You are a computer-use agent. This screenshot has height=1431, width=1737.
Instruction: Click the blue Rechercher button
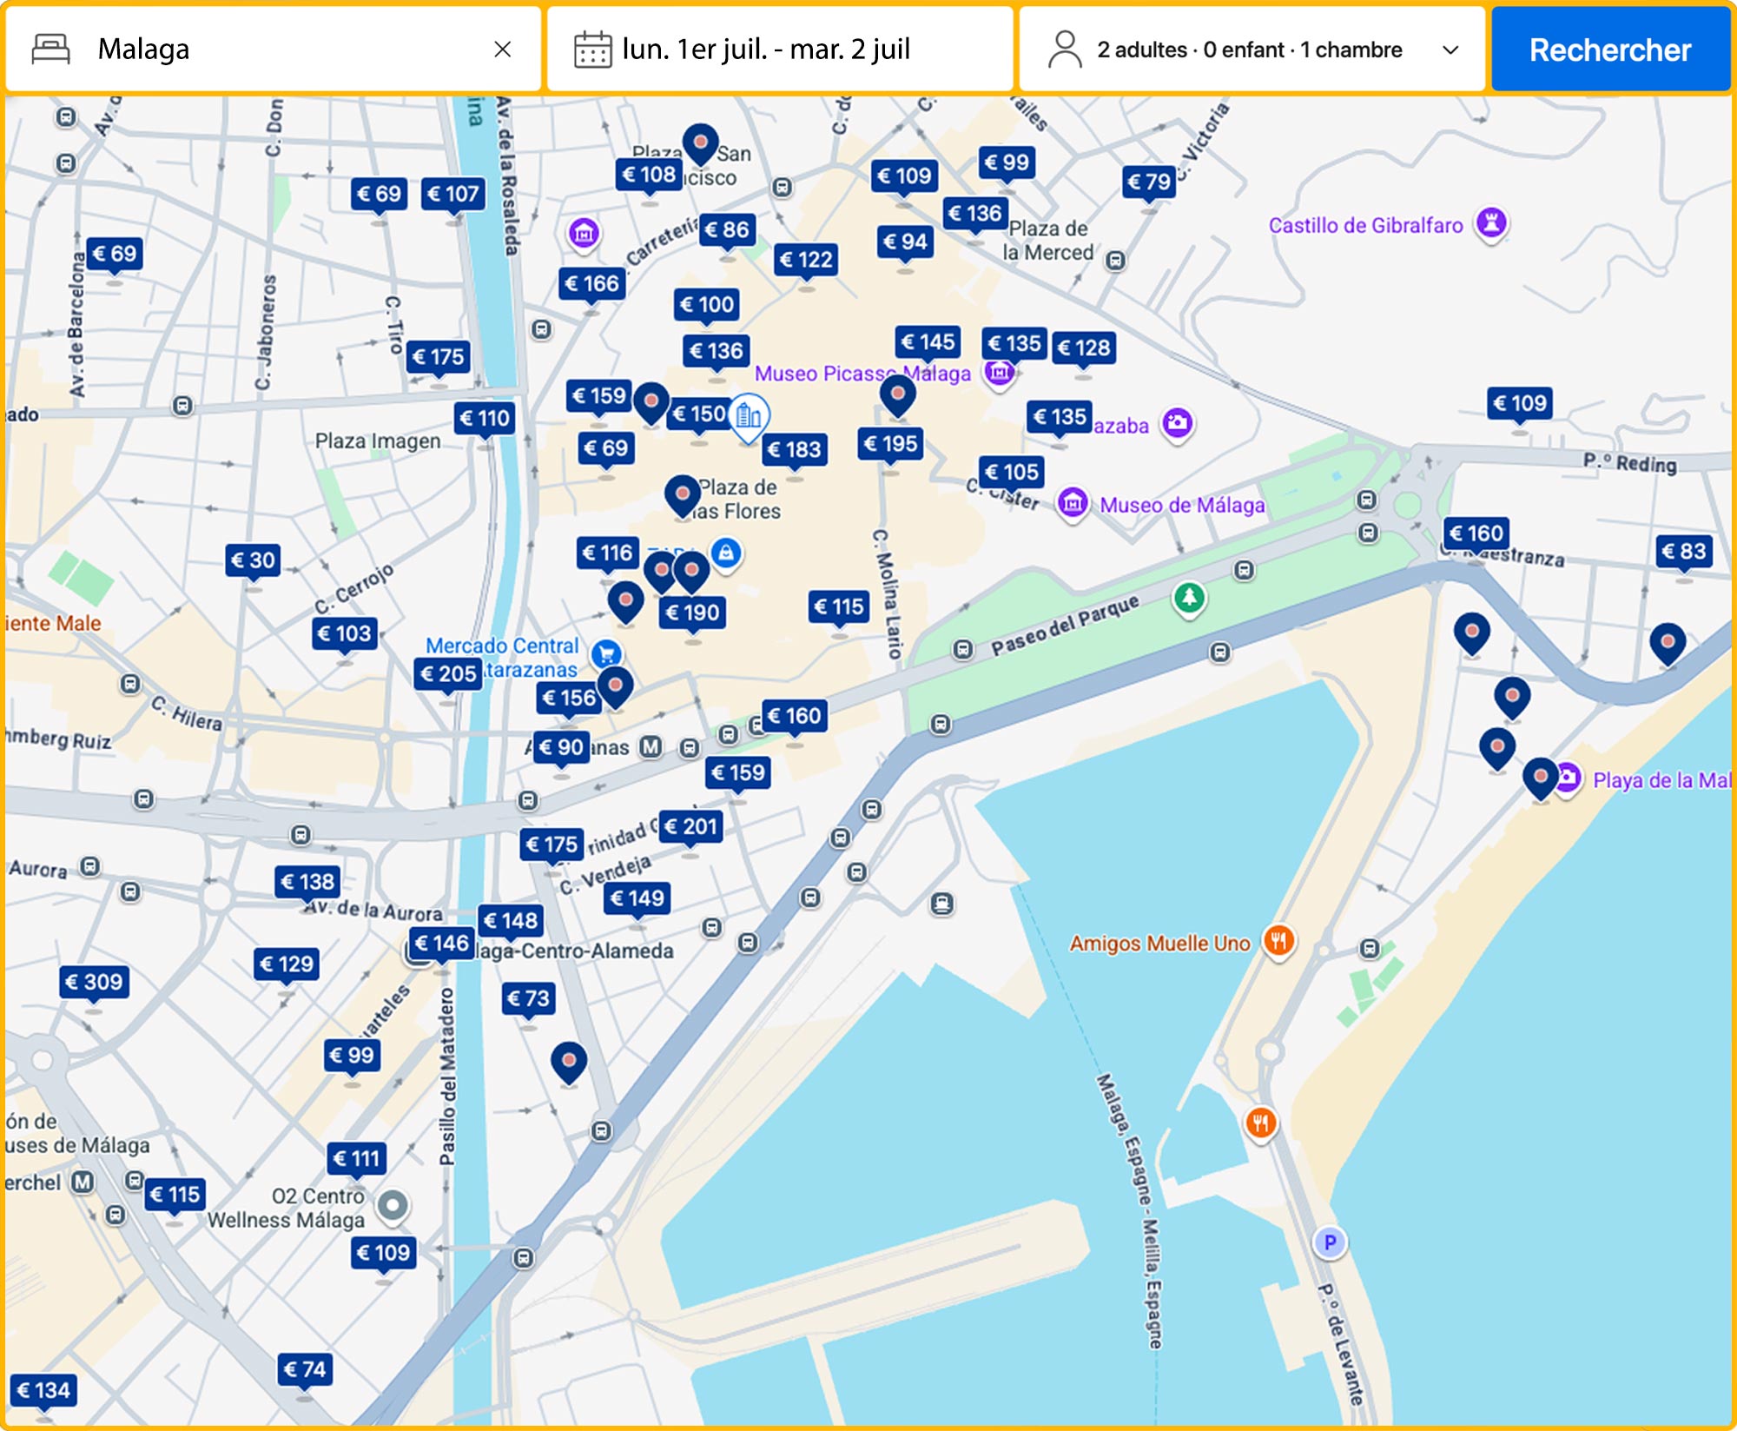pos(1609,50)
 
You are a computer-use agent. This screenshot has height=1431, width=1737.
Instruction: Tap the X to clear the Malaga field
pos(502,50)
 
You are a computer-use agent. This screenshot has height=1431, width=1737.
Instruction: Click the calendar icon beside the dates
pos(592,50)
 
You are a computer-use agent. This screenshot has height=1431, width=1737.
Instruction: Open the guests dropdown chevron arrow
pos(1450,50)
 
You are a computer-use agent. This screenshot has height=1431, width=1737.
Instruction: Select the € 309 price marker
pos(94,982)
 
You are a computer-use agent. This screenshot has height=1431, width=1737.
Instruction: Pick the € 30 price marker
pos(253,560)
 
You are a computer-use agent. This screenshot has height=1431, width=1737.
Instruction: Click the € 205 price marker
pos(447,673)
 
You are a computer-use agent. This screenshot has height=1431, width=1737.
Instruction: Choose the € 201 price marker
pos(690,826)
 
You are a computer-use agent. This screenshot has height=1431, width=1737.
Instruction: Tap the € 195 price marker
pos(890,444)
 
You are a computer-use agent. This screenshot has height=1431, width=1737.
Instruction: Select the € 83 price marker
pos(1683,551)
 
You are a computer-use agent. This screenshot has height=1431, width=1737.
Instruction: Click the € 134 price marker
pos(43,1390)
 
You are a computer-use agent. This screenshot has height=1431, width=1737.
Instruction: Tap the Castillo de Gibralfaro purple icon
pos(1491,222)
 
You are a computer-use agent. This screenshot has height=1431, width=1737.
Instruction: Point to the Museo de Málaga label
pos(1181,505)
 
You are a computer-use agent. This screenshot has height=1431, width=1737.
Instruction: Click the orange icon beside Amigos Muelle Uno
pos(1278,939)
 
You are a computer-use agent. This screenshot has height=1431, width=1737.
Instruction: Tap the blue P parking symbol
pos(1329,1242)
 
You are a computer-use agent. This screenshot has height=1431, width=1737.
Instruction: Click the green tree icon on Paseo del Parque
pos(1189,597)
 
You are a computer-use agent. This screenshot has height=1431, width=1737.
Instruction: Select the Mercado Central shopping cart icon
pos(606,653)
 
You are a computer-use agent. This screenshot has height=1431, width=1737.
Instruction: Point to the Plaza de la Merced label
pos(1047,241)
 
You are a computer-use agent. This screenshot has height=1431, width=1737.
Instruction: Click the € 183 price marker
pos(794,449)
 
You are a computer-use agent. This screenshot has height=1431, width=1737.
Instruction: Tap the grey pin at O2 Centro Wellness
pos(393,1205)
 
